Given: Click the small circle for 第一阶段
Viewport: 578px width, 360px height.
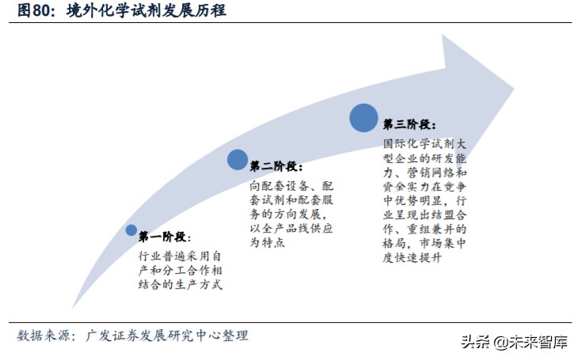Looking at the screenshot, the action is click(x=131, y=230).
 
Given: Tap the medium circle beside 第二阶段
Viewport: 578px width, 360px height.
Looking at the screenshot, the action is click(x=238, y=159).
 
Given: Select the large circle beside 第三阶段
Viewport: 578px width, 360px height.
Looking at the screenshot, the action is click(x=363, y=117).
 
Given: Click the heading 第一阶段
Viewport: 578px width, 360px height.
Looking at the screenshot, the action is click(x=164, y=237).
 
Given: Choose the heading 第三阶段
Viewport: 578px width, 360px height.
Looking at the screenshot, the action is click(x=409, y=124).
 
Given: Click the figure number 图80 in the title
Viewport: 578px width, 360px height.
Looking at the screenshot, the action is click(x=34, y=11).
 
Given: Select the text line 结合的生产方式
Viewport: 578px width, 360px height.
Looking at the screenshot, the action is click(x=180, y=284).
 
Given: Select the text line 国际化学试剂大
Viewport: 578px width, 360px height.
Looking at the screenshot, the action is click(x=428, y=144).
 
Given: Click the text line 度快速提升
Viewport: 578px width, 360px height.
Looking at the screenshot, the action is click(x=416, y=259).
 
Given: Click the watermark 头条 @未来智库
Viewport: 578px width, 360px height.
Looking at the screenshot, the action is click(x=514, y=343).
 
